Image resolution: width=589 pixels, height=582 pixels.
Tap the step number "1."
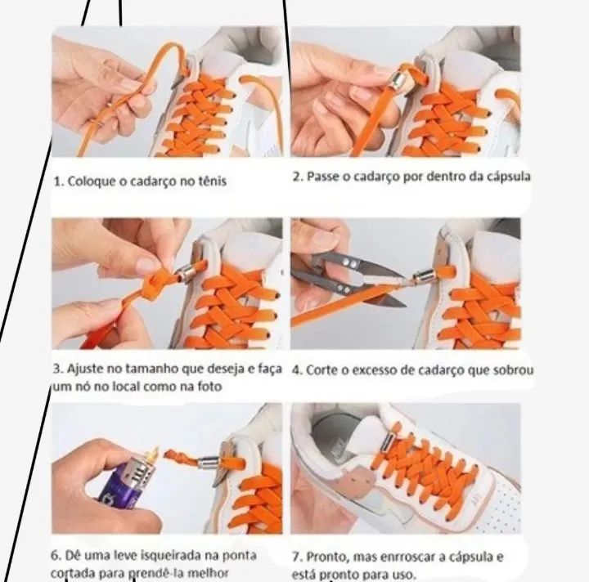(59, 181)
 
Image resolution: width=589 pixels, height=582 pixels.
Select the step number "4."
(297, 370)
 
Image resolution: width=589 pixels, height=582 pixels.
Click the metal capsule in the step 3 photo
(185, 272)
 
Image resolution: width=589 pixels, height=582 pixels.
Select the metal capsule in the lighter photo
(207, 463)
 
